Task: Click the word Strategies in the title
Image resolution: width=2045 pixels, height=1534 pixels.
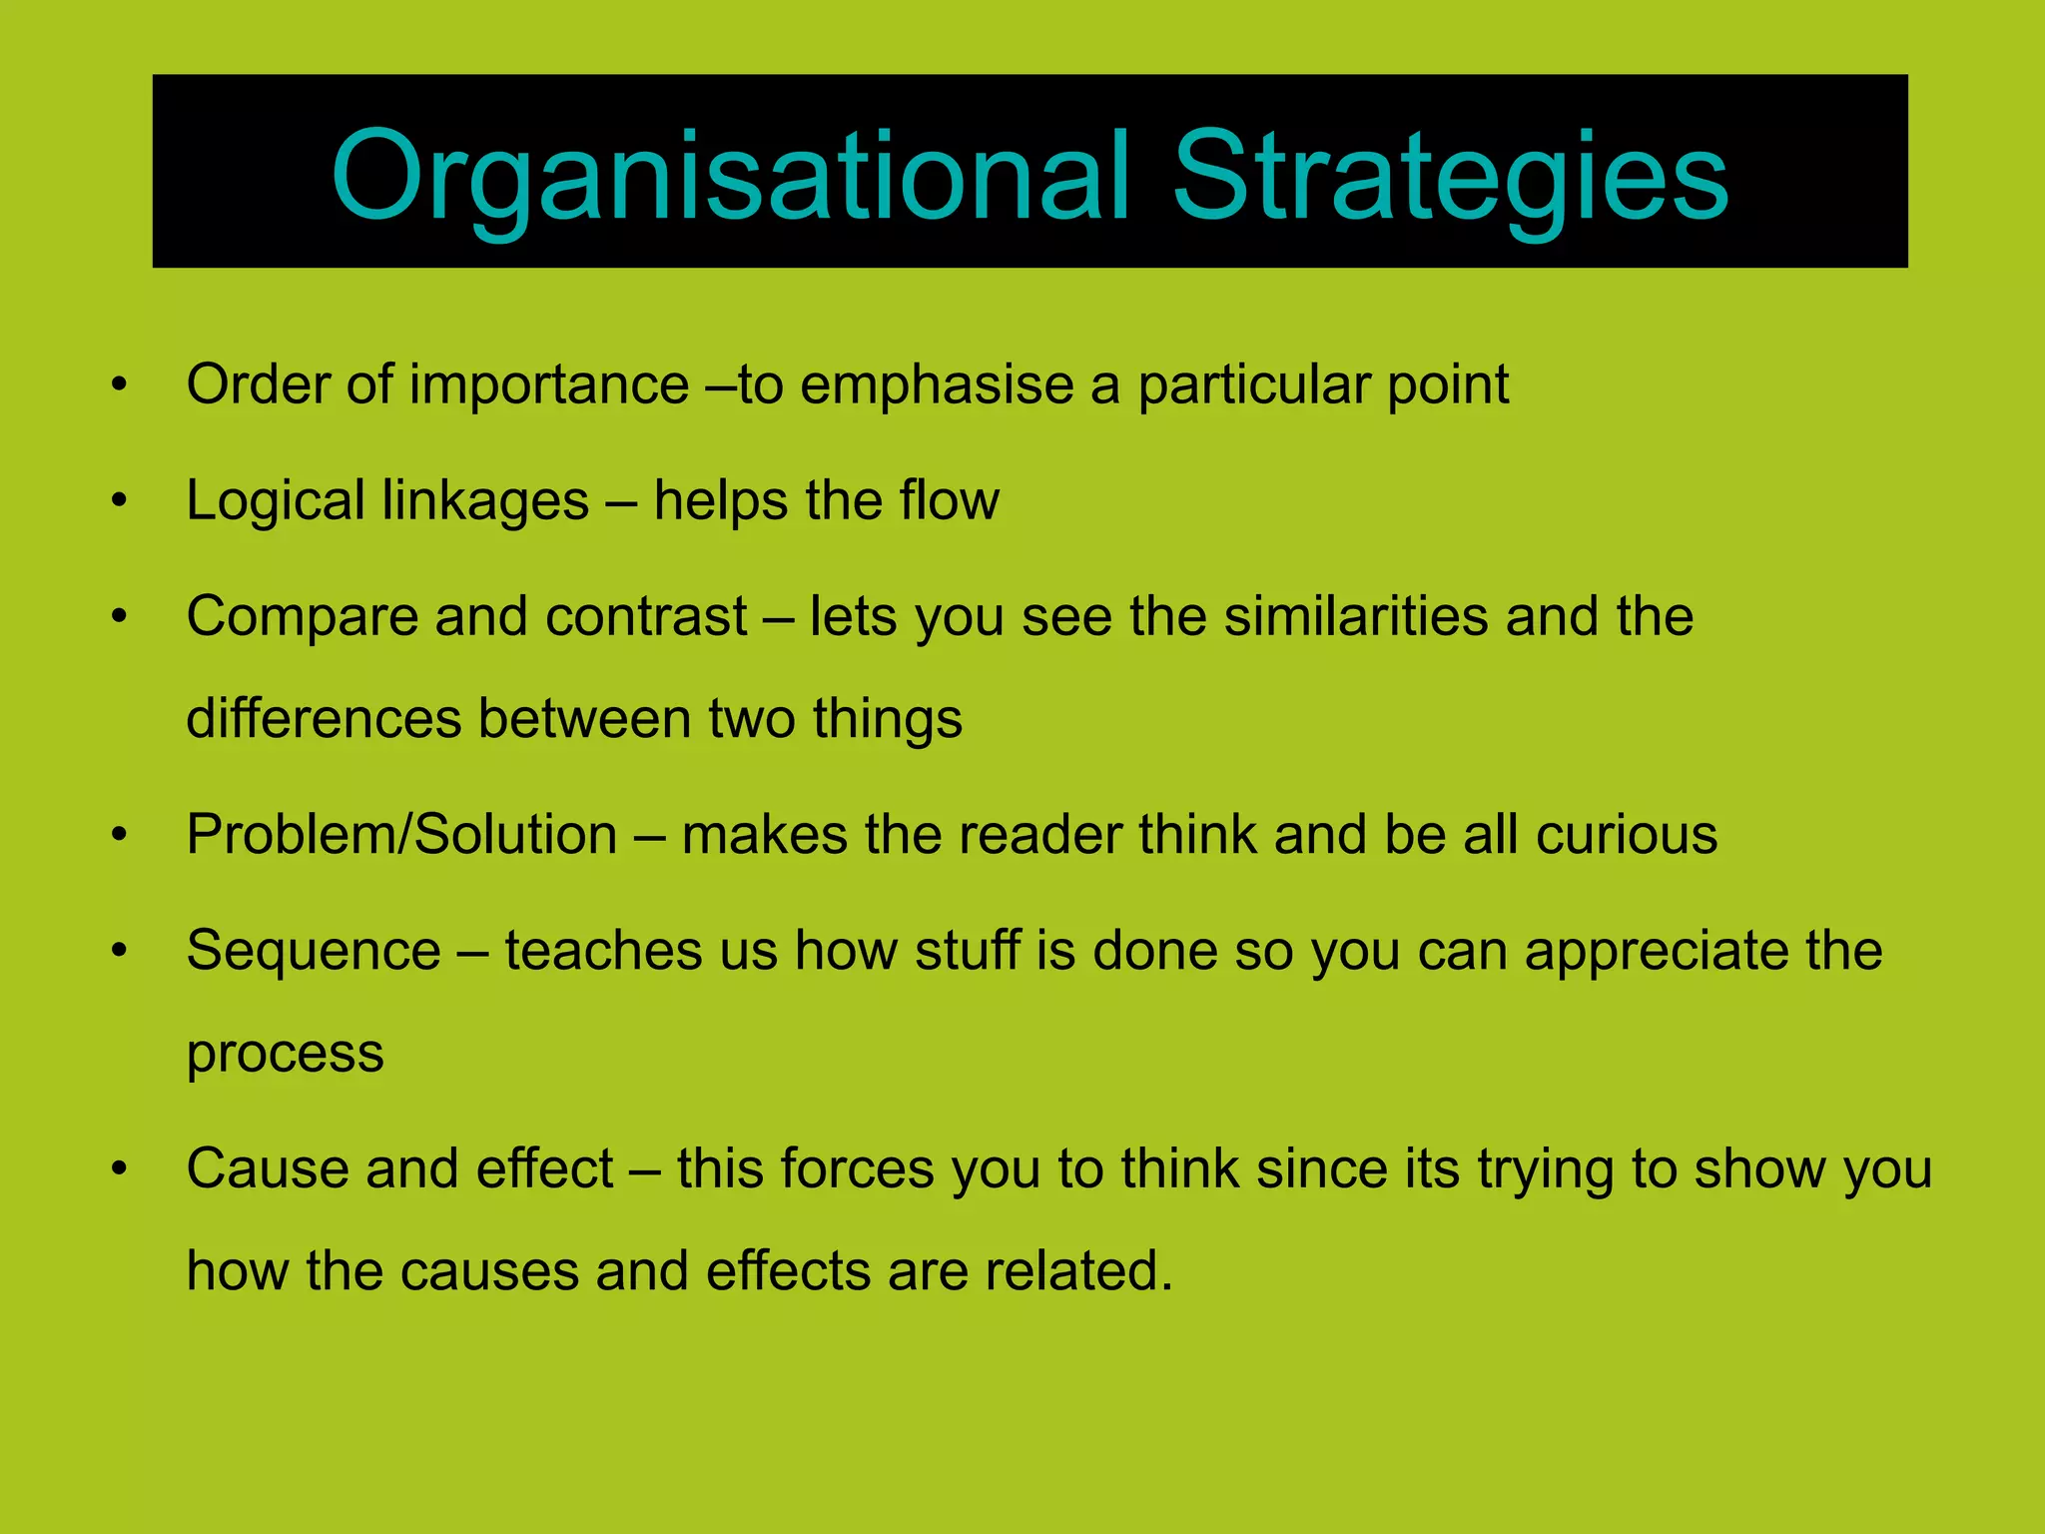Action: (1450, 178)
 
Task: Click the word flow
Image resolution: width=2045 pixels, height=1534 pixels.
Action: (949, 501)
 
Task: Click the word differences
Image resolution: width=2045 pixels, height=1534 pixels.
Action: (323, 719)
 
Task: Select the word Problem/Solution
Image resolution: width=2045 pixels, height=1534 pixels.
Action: (401, 835)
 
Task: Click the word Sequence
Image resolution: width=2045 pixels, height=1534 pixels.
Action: (314, 951)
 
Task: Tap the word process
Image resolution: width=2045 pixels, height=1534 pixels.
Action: (286, 1056)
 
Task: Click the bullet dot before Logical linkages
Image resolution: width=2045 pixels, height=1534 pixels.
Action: (120, 500)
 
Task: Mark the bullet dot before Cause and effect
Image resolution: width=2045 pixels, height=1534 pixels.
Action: (120, 1168)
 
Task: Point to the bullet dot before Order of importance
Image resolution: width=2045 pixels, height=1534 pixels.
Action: (120, 384)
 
